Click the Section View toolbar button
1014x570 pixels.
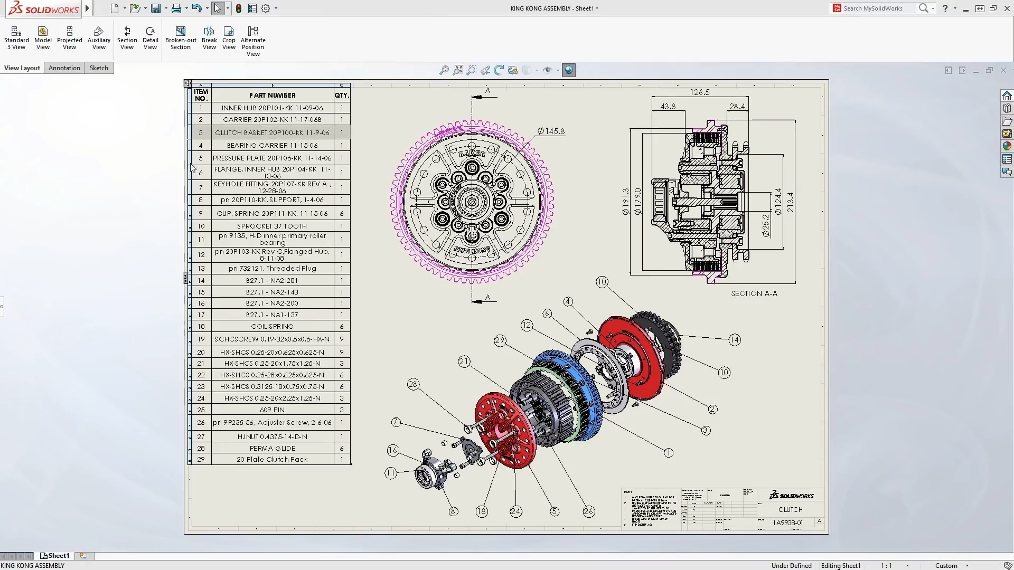(127, 39)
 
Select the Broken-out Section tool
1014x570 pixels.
(181, 39)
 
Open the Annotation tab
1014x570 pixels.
(64, 68)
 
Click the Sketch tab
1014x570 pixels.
(99, 68)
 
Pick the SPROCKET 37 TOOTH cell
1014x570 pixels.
(272, 226)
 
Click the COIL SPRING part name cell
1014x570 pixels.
(272, 327)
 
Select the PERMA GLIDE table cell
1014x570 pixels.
(272, 448)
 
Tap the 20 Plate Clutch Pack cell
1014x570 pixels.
(272, 460)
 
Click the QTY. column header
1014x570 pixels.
(342, 96)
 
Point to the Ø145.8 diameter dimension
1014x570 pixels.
(551, 131)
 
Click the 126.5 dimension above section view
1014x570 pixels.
(700, 92)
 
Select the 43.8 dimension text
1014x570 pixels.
(668, 107)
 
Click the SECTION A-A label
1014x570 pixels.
(754, 293)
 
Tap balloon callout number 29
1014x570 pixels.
(500, 340)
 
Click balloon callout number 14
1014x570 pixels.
(735, 340)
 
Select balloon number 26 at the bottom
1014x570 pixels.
(588, 511)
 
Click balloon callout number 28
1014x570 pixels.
(413, 385)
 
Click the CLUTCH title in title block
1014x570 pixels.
(790, 510)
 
